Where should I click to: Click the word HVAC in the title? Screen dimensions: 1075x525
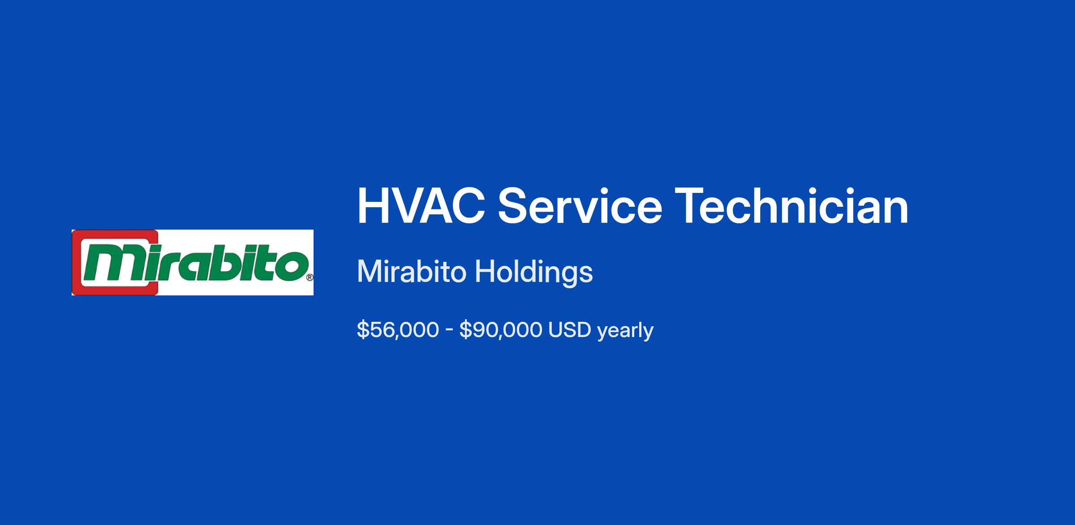click(x=421, y=206)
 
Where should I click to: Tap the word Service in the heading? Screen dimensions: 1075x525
click(x=580, y=206)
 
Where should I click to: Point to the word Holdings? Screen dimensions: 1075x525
click(x=533, y=273)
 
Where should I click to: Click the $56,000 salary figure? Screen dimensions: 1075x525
click(x=398, y=330)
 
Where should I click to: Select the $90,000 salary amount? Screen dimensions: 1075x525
click(x=501, y=330)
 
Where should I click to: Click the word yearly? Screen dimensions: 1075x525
click(x=625, y=331)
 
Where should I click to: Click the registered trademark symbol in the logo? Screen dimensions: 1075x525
click(x=310, y=277)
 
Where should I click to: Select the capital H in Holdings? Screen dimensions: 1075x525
click(x=485, y=271)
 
